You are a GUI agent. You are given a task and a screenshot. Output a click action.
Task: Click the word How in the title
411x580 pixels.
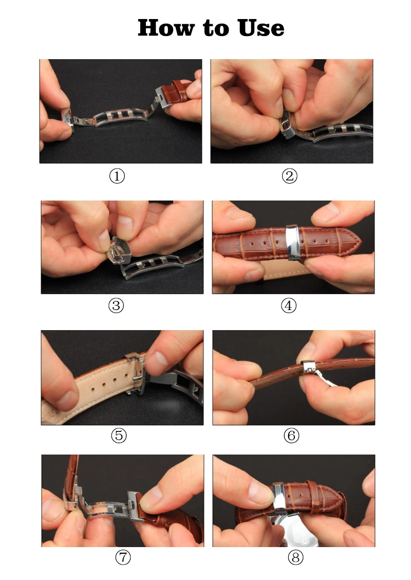166,28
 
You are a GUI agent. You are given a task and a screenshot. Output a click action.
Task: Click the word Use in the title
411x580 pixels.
261,28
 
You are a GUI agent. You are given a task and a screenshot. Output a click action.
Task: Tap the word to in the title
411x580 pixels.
216,28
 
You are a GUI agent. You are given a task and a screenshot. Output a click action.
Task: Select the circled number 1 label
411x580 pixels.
117,176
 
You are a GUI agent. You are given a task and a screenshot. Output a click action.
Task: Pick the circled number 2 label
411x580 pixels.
289,176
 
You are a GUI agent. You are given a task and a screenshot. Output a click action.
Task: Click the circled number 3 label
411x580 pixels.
116,306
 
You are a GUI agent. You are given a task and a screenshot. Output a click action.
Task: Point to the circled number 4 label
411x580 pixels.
289,306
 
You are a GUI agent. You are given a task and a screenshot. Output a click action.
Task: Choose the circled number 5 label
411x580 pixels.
119,436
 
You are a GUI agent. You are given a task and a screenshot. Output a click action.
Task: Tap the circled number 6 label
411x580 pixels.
291,436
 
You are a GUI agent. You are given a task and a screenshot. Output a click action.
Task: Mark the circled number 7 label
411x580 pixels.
123,557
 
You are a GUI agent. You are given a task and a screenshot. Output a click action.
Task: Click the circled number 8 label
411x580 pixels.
296,557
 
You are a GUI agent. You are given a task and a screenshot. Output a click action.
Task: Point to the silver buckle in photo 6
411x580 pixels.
308,368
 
